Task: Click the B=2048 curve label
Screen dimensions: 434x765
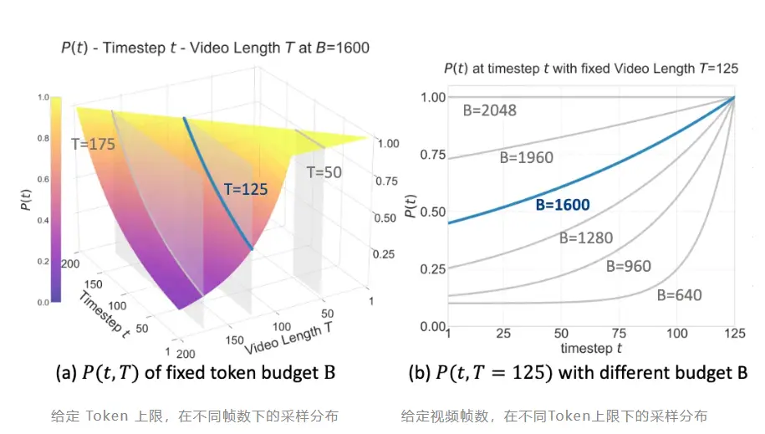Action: click(489, 110)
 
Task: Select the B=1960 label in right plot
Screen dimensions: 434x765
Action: click(526, 156)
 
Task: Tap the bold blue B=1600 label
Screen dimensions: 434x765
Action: click(563, 205)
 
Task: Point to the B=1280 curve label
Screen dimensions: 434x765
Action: click(585, 237)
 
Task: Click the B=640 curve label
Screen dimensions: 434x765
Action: click(679, 294)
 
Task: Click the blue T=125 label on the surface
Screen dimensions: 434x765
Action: click(245, 190)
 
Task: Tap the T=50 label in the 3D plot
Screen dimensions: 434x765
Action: click(324, 173)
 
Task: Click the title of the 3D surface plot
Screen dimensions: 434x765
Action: click(215, 49)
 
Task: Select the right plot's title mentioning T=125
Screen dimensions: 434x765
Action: click(590, 69)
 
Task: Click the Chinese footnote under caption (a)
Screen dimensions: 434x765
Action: click(205, 416)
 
